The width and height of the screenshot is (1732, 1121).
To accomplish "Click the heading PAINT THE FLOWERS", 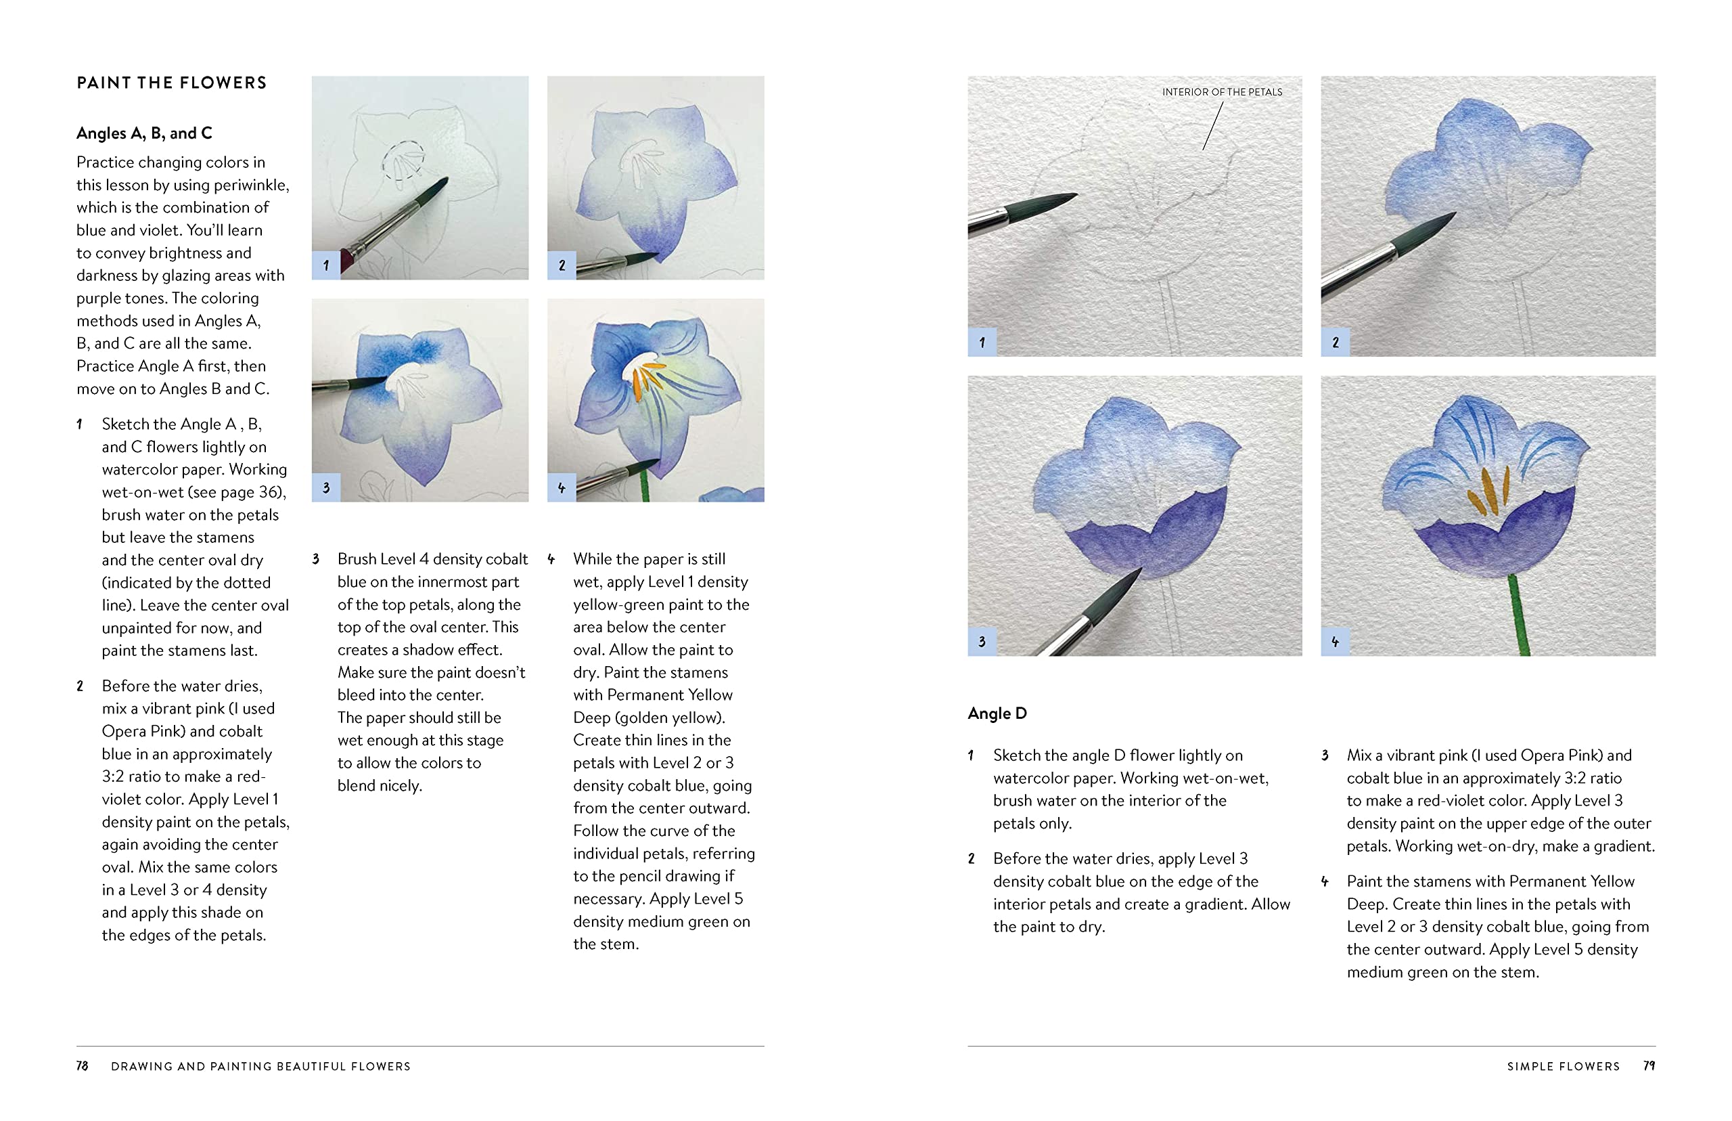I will pos(172,83).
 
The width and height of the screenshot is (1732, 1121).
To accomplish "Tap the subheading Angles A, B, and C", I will pos(144,133).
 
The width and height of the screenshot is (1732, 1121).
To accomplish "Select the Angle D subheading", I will pos(997,713).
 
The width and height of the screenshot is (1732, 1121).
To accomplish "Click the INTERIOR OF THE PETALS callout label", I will pos(1221,91).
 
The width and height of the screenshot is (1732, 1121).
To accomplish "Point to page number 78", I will pos(82,1065).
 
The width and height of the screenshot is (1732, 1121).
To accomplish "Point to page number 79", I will pos(1649,1065).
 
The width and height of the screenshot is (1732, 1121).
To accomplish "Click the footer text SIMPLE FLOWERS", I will pos(1564,1066).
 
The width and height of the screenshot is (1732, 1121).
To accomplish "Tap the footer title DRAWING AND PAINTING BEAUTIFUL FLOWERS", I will pos(260,1066).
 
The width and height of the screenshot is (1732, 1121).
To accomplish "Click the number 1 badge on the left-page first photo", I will pos(326,265).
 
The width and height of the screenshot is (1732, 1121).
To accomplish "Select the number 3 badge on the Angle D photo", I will pos(982,641).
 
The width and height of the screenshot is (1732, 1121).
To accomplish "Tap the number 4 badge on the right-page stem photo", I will pos(1335,641).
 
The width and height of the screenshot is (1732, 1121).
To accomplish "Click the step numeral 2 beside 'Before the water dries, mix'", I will pos(80,686).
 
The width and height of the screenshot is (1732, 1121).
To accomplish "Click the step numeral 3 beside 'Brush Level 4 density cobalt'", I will pos(316,559).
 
